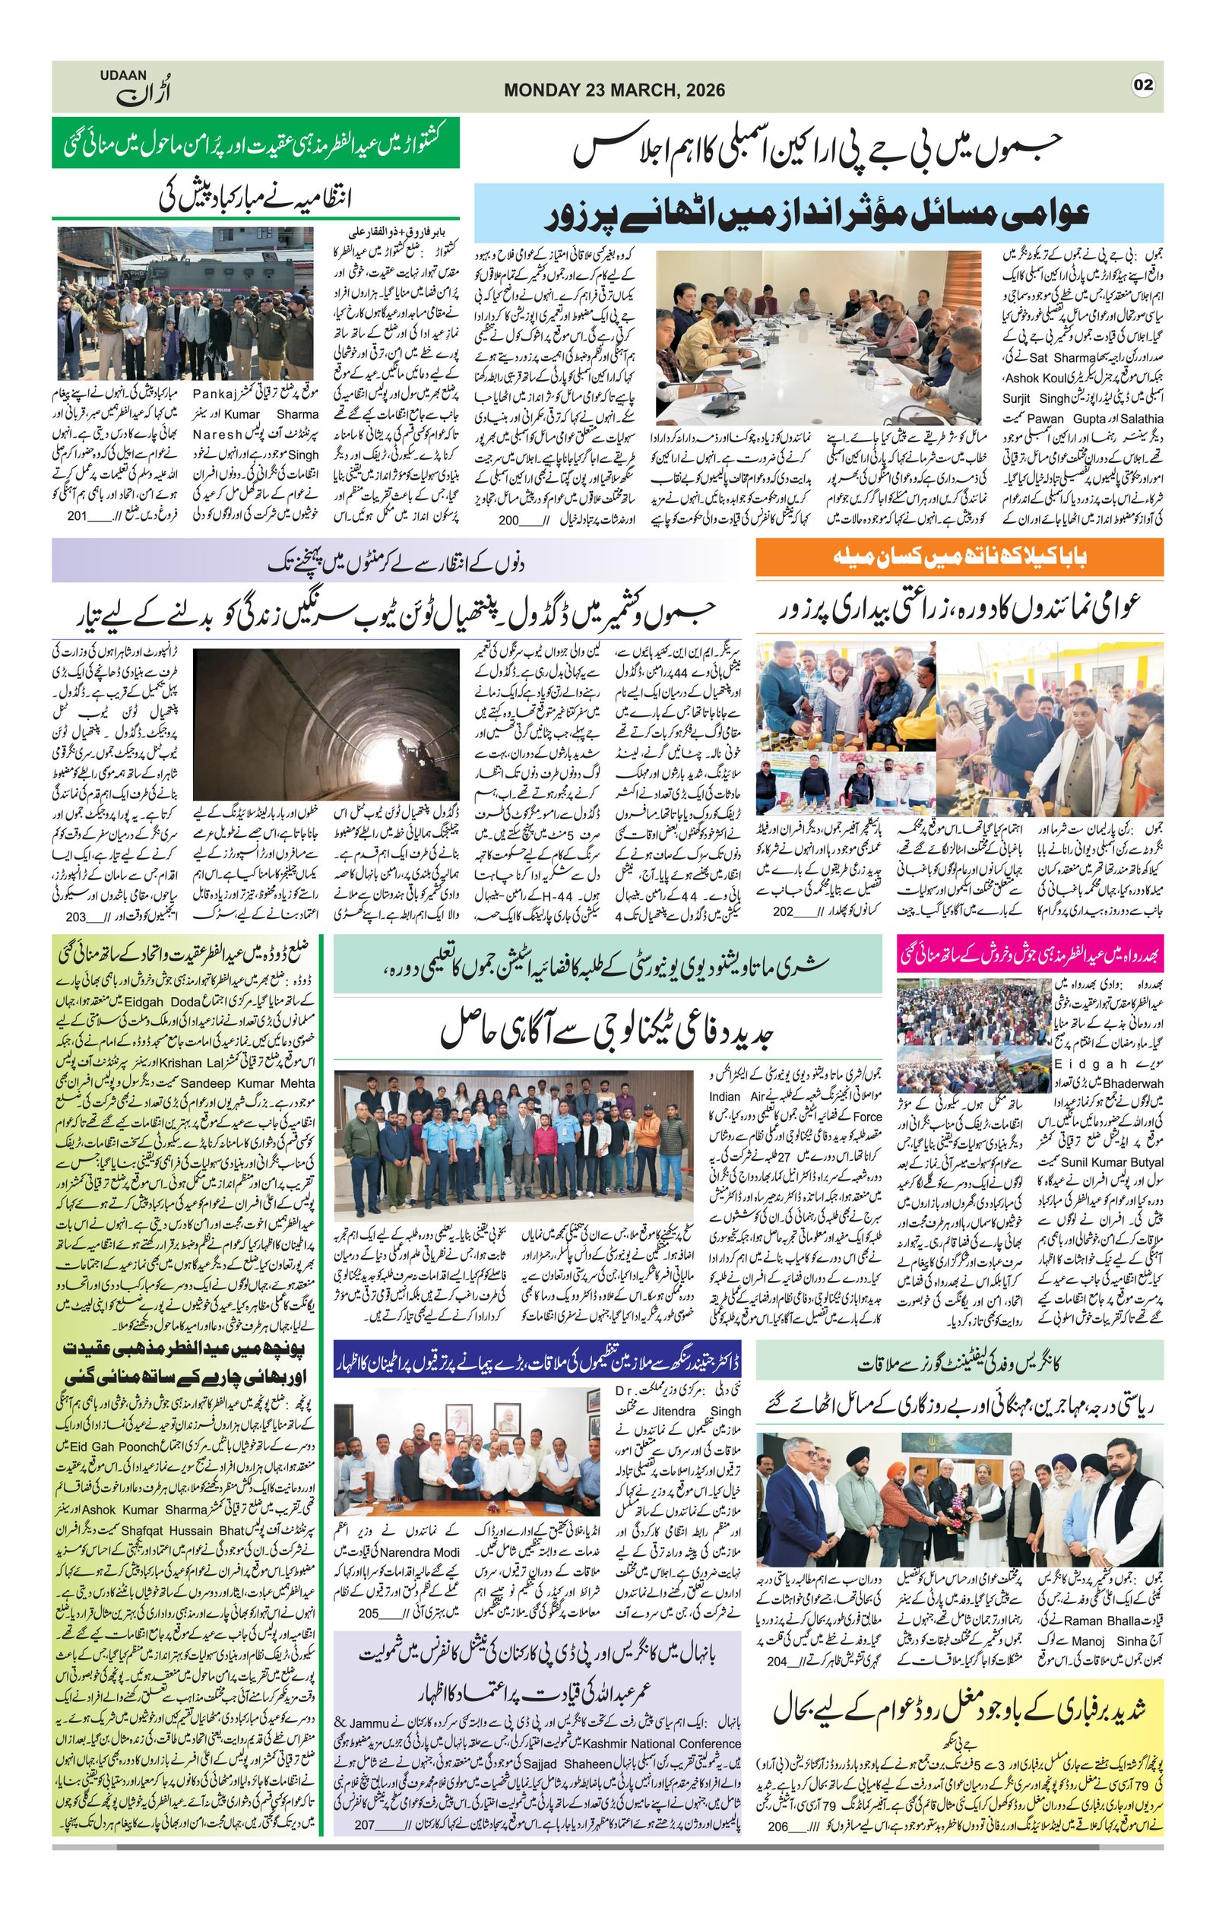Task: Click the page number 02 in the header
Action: [x=1142, y=85]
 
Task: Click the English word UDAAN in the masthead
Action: [x=123, y=75]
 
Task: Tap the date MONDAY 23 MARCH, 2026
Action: [x=614, y=90]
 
